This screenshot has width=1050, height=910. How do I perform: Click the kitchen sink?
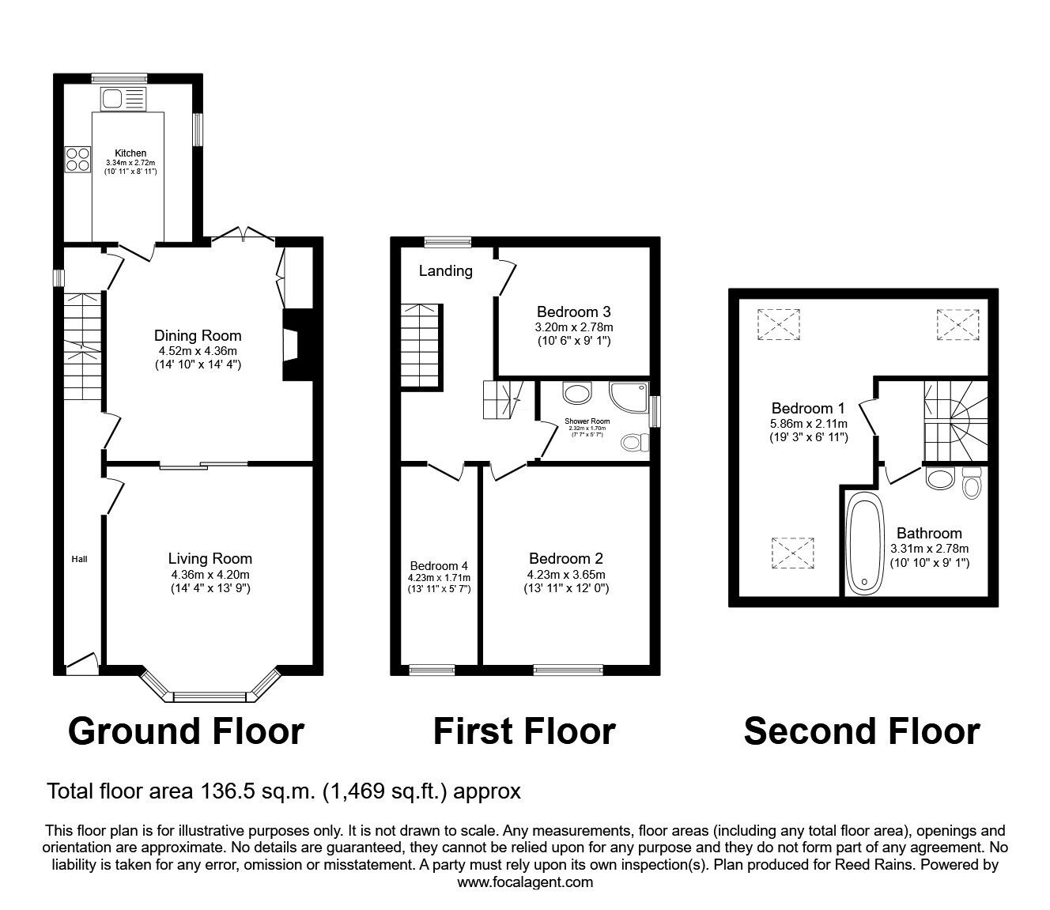click(x=123, y=99)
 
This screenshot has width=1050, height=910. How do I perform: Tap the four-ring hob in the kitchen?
click(x=77, y=159)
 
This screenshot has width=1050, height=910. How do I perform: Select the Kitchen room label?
click(x=130, y=153)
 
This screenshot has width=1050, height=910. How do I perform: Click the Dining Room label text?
click(x=198, y=335)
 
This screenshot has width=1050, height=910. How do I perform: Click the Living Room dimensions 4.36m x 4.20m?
click(x=210, y=575)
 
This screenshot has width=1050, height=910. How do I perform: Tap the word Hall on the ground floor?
click(x=79, y=559)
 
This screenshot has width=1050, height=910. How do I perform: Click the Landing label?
click(x=445, y=271)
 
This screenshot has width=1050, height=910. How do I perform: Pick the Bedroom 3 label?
click(x=573, y=312)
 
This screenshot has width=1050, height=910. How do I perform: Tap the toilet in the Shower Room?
click(x=636, y=443)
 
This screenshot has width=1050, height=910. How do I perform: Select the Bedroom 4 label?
click(x=439, y=565)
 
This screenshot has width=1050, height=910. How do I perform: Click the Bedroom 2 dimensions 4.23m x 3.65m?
click(x=566, y=575)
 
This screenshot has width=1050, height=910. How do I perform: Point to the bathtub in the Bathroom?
click(x=864, y=542)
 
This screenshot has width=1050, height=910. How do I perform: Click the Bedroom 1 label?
click(x=808, y=408)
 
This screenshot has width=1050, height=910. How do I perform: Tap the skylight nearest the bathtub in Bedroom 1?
click(x=792, y=553)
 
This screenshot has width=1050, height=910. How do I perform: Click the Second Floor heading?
click(x=862, y=731)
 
